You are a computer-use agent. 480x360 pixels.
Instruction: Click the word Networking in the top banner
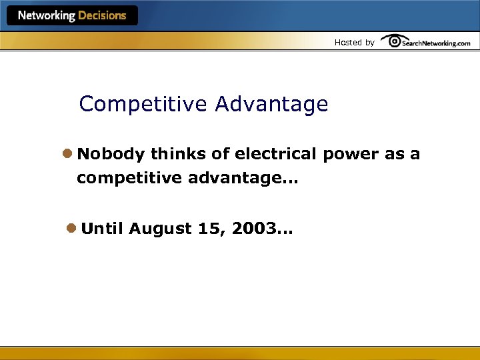coord(45,15)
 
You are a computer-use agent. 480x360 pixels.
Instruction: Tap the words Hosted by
coord(354,43)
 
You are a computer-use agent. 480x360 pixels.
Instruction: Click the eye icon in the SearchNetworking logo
coord(395,41)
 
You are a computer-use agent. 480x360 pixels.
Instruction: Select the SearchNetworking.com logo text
coord(436,43)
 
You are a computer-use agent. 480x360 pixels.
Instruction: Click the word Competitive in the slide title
coord(143,105)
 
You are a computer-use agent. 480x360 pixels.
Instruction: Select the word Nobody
coord(111,155)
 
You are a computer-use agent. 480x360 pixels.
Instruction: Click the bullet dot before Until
coord(71,229)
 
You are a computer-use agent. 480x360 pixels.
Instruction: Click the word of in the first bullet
coord(221,155)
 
